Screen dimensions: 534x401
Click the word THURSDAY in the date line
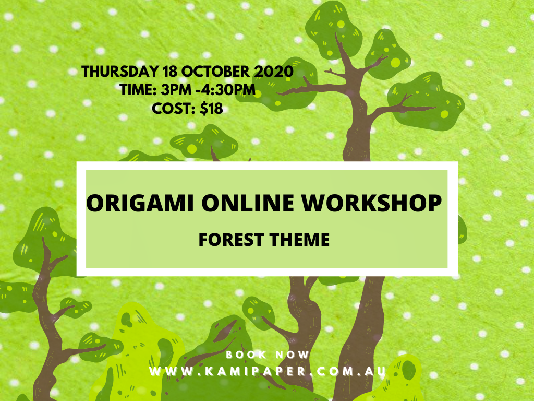(120, 72)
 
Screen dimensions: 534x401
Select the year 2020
(274, 72)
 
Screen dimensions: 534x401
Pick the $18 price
(211, 109)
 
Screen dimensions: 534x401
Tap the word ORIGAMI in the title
(140, 203)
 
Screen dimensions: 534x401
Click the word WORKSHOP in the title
(372, 203)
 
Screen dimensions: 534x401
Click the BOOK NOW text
(268, 355)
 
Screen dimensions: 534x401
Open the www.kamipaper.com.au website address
(268, 371)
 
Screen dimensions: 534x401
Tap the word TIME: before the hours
(138, 90)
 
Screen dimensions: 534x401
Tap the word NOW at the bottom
(292, 355)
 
